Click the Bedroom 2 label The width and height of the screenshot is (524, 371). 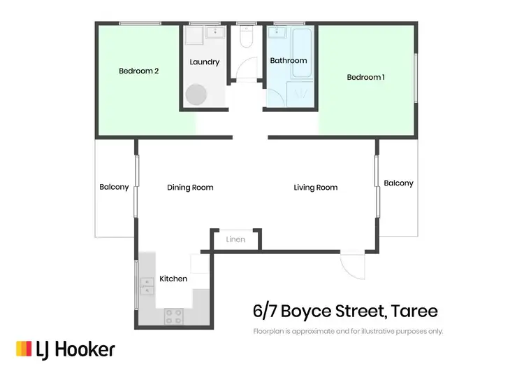pos(138,71)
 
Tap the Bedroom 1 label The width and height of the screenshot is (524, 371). pos(365,77)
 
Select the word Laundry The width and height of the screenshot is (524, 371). pos(204,62)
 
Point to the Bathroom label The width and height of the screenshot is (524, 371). pos(289,61)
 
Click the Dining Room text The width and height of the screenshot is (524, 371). pos(190,188)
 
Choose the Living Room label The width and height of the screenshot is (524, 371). pos(315,188)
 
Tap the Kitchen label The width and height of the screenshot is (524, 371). pos(173,279)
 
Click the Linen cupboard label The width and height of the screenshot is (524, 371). pos(235,240)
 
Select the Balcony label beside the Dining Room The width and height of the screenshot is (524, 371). pos(114,187)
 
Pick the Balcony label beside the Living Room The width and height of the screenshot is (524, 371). pos(398,183)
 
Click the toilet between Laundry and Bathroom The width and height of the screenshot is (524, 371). pos(245,38)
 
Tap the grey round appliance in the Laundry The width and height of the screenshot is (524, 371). pos(196,94)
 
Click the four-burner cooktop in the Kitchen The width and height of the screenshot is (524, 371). pos(174,316)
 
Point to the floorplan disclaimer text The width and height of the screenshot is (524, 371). pos(348,331)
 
